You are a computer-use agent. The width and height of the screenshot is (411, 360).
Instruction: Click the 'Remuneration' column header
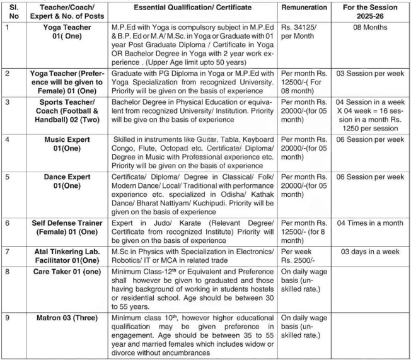[304, 8]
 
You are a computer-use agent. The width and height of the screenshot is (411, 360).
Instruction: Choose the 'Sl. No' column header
[10, 12]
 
